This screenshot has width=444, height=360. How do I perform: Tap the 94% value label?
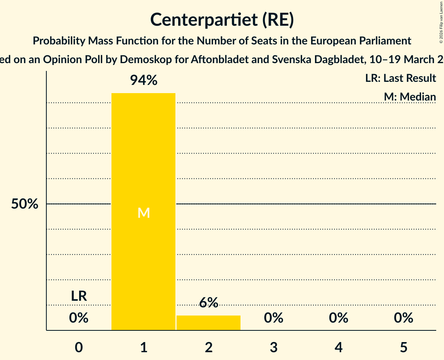(x=143, y=81)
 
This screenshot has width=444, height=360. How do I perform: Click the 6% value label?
(x=209, y=303)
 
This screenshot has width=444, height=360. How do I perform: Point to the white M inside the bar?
(x=143, y=213)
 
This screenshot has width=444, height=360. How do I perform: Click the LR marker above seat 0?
(x=79, y=296)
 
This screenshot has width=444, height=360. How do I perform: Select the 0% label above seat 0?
(x=79, y=318)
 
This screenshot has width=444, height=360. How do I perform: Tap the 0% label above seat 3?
(x=274, y=318)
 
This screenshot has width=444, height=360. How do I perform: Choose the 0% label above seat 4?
(x=338, y=318)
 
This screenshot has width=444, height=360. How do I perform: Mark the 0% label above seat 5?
(x=403, y=318)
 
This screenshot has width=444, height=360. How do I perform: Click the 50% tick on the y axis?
(x=25, y=204)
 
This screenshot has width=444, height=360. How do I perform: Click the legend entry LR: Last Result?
(x=400, y=78)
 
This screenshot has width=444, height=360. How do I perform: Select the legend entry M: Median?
(x=409, y=97)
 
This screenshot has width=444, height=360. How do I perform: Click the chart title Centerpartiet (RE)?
(x=222, y=19)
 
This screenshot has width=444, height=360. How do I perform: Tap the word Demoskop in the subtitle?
(x=140, y=59)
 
